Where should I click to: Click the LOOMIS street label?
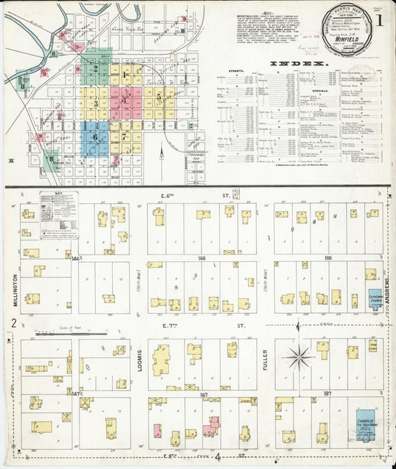pyautogui.click(x=139, y=361)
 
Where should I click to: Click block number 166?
pyautogui.click(x=202, y=258)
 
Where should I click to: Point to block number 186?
pyautogui.click(x=328, y=258)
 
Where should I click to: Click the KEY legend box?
pyautogui.click(x=59, y=214)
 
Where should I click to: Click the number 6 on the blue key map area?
pyautogui.click(x=94, y=137)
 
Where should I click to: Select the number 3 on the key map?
pyautogui.click(x=95, y=104)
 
